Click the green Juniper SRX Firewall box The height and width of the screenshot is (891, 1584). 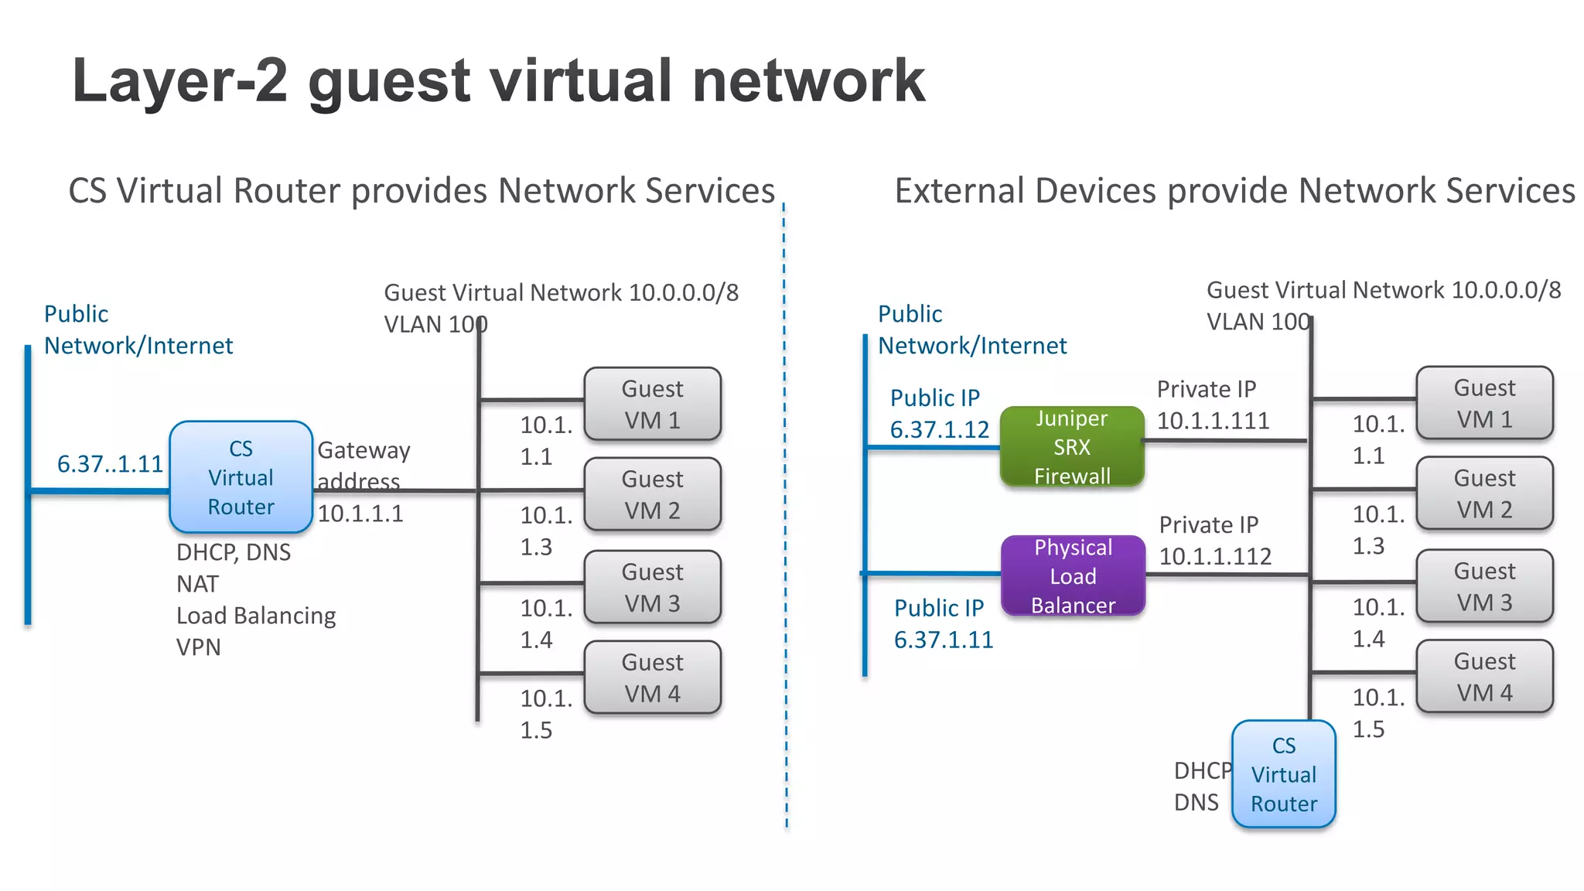click(x=1071, y=447)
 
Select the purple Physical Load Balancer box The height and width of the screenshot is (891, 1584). click(x=1073, y=576)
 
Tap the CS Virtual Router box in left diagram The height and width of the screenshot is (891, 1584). click(x=241, y=477)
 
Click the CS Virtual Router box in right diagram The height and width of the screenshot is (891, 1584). click(x=1284, y=774)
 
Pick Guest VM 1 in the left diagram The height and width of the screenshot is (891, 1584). click(x=652, y=404)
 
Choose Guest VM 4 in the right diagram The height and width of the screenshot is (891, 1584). click(x=1484, y=677)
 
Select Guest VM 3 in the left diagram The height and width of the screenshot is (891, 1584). click(x=652, y=587)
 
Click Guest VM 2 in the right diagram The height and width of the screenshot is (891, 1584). click(x=1484, y=493)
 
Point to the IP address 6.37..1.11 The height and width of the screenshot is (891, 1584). click(x=110, y=464)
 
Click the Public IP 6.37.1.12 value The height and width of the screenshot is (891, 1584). click(x=939, y=430)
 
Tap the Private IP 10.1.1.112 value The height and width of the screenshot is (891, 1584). click(x=1215, y=556)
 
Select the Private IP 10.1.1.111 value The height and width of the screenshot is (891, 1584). click(x=1213, y=421)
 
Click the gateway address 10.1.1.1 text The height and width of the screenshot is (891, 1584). click(x=360, y=514)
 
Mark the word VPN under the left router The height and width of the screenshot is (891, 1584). click(x=198, y=647)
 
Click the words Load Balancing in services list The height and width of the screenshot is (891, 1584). click(x=256, y=616)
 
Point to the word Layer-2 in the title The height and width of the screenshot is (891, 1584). click(x=179, y=80)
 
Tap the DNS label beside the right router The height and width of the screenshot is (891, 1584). click(x=1196, y=803)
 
